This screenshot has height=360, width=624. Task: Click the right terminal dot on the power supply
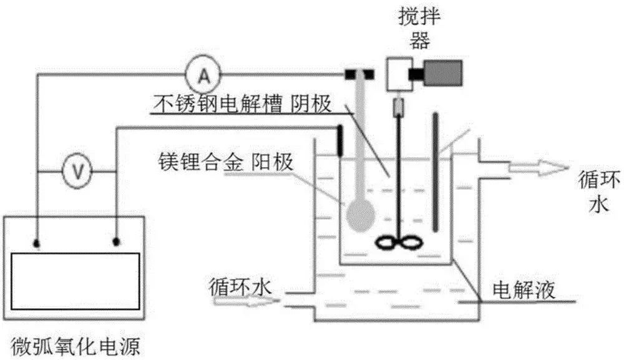[116, 240]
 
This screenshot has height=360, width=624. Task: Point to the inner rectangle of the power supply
[76, 280]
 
